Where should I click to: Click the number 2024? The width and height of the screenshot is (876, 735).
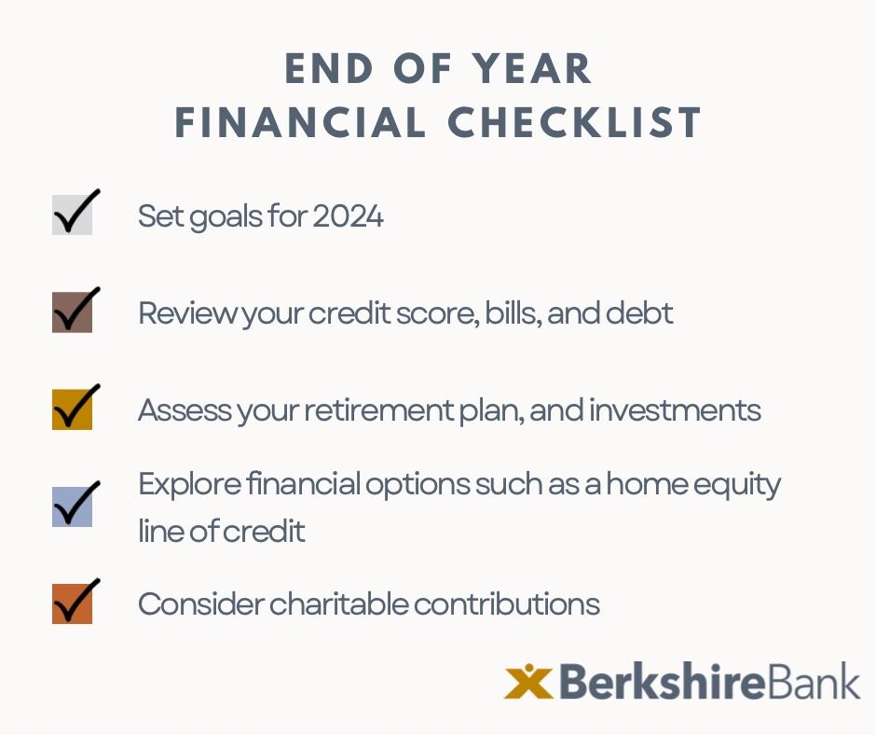pyautogui.click(x=348, y=216)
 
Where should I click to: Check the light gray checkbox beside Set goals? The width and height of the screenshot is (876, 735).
pyautogui.click(x=72, y=215)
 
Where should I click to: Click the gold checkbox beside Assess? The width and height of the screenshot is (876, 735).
pyautogui.click(x=72, y=409)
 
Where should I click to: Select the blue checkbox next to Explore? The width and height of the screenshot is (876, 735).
pyautogui.click(x=72, y=506)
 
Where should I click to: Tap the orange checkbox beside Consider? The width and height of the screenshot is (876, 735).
pyautogui.click(x=72, y=603)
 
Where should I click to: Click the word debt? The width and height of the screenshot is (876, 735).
pyautogui.click(x=641, y=313)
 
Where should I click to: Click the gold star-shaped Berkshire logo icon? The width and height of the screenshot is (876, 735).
pyautogui.click(x=528, y=682)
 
